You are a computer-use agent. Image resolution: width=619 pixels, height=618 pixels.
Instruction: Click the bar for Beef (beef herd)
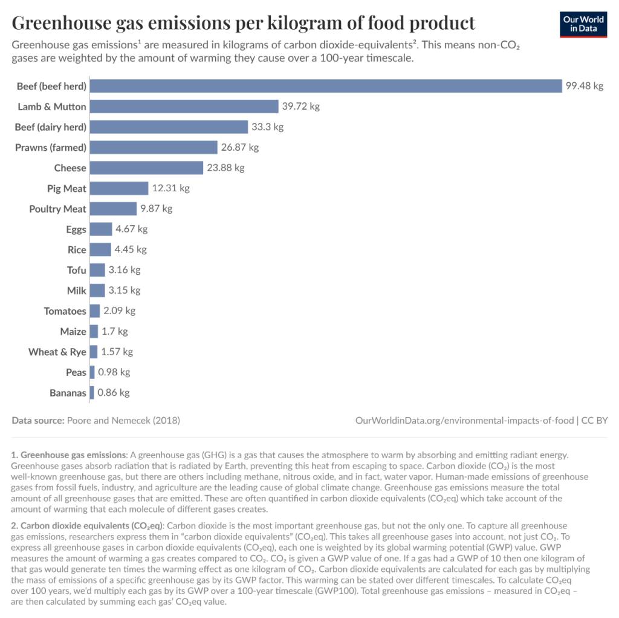[326, 86]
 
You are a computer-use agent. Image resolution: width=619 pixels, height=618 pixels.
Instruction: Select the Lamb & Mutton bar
[184, 107]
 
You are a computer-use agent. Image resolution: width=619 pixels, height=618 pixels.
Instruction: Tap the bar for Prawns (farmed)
[154, 148]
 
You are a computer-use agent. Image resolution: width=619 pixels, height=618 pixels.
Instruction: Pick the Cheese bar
[146, 168]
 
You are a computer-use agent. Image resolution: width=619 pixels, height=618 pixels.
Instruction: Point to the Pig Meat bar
[119, 188]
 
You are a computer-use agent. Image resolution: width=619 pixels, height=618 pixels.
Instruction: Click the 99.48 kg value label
[585, 86]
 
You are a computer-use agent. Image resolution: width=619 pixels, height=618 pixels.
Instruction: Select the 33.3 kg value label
[267, 127]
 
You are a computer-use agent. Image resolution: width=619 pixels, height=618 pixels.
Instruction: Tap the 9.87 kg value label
[157, 209]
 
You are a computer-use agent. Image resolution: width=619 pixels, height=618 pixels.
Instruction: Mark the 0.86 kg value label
[113, 393]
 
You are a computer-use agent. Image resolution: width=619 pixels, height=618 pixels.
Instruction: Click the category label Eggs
[76, 230]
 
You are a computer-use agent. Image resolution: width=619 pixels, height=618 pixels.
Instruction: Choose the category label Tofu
[76, 270]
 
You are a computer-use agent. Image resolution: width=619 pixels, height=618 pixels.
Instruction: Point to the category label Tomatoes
[65, 311]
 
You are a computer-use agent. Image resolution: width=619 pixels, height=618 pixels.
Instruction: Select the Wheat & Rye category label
[57, 352]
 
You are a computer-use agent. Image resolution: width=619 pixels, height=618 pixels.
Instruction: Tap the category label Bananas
[68, 393]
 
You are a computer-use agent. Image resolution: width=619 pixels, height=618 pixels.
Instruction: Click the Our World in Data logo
[583, 25]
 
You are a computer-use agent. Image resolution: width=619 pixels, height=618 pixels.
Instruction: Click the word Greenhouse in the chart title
[62, 23]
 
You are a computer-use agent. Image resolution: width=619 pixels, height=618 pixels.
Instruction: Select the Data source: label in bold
[38, 420]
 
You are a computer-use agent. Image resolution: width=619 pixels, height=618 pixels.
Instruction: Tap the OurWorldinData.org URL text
[465, 420]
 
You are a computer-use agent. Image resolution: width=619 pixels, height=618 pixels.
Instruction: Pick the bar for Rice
[100, 249]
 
